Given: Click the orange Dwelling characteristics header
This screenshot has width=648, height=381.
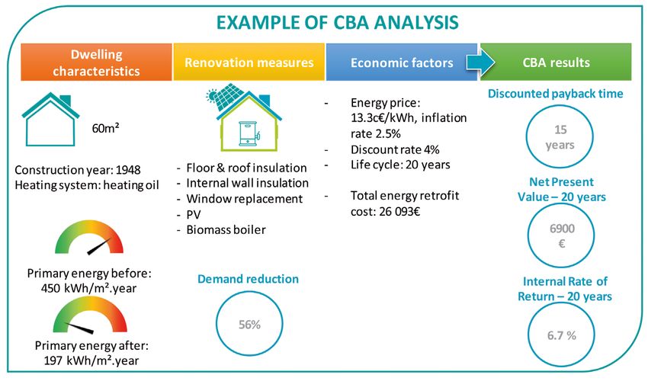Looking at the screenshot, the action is tap(96, 62).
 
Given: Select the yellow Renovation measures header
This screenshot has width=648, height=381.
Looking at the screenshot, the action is tap(249, 62).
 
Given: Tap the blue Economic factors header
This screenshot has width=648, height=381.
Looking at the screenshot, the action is tap(402, 62).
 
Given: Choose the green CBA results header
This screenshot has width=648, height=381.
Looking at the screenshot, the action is tap(556, 62).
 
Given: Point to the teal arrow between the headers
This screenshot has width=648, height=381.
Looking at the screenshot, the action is tap(480, 62).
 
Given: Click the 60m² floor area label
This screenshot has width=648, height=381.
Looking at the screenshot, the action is tap(105, 128).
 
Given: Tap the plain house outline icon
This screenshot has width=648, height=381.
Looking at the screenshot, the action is tap(50, 120).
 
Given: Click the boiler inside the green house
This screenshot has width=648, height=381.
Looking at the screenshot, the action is tap(249, 133).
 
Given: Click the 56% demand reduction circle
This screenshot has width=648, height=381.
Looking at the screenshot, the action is tap(249, 291).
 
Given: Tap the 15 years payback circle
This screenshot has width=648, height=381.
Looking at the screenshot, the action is tap(560, 104).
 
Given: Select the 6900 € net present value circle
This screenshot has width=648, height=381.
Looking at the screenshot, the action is tap(561, 203).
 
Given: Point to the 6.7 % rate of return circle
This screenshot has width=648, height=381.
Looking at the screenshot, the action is tap(561, 303).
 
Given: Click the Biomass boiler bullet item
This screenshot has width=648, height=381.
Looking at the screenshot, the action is tap(226, 230).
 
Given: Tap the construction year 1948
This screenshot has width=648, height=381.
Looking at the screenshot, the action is tap(128, 170).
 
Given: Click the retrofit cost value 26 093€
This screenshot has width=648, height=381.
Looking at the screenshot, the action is tap(399, 212).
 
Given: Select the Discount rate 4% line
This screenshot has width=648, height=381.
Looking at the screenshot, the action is tap(395, 149).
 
